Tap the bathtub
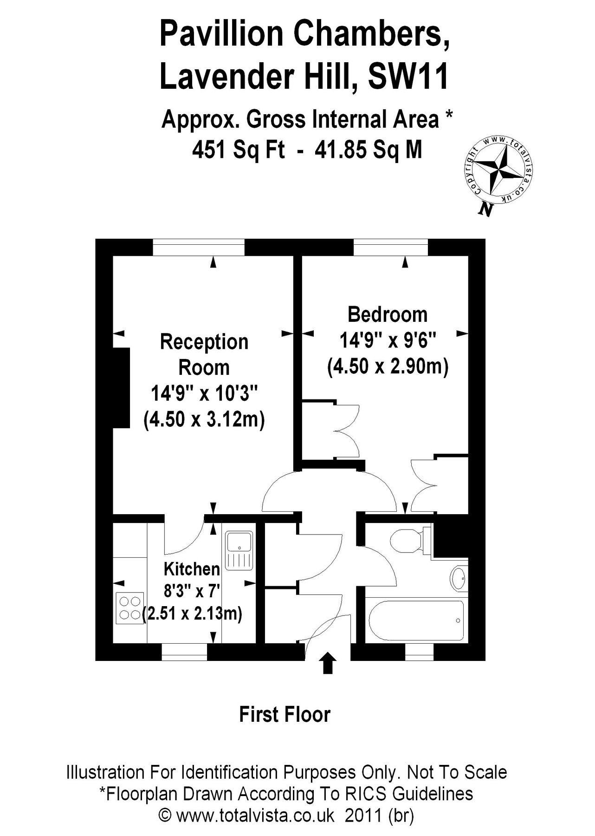point(416,620)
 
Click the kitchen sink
point(239,550)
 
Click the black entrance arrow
point(328,663)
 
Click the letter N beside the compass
point(485,210)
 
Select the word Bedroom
point(388,314)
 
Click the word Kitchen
point(192,569)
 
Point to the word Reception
point(204,342)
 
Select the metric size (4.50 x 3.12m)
point(204,420)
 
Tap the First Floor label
point(285,714)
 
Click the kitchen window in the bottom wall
point(184,652)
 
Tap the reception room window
point(199,247)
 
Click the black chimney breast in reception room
point(121,387)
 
